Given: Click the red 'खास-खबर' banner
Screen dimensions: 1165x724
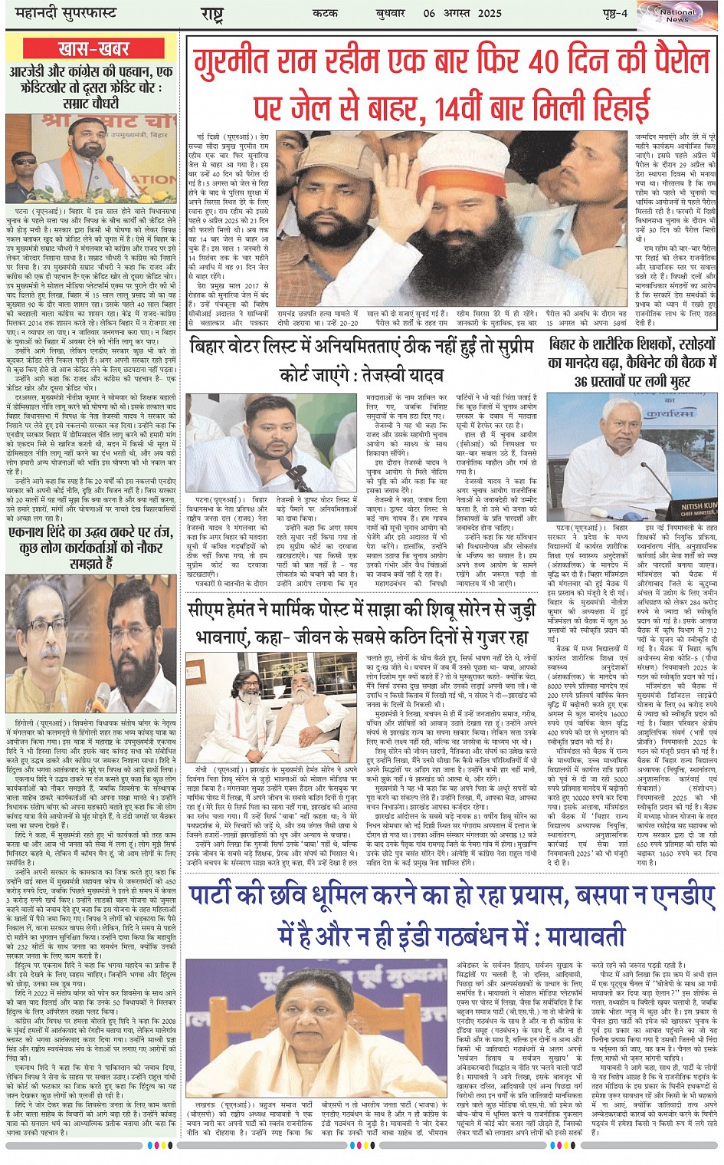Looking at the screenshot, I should pos(92,48).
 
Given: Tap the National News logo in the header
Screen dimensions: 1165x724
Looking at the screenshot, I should pos(676,15).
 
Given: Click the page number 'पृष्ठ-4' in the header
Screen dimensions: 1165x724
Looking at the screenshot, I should pos(613,14).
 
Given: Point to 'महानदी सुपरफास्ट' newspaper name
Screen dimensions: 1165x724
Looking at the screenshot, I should pos(61,14).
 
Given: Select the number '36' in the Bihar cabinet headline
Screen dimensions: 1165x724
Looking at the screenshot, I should pos(581,381).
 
